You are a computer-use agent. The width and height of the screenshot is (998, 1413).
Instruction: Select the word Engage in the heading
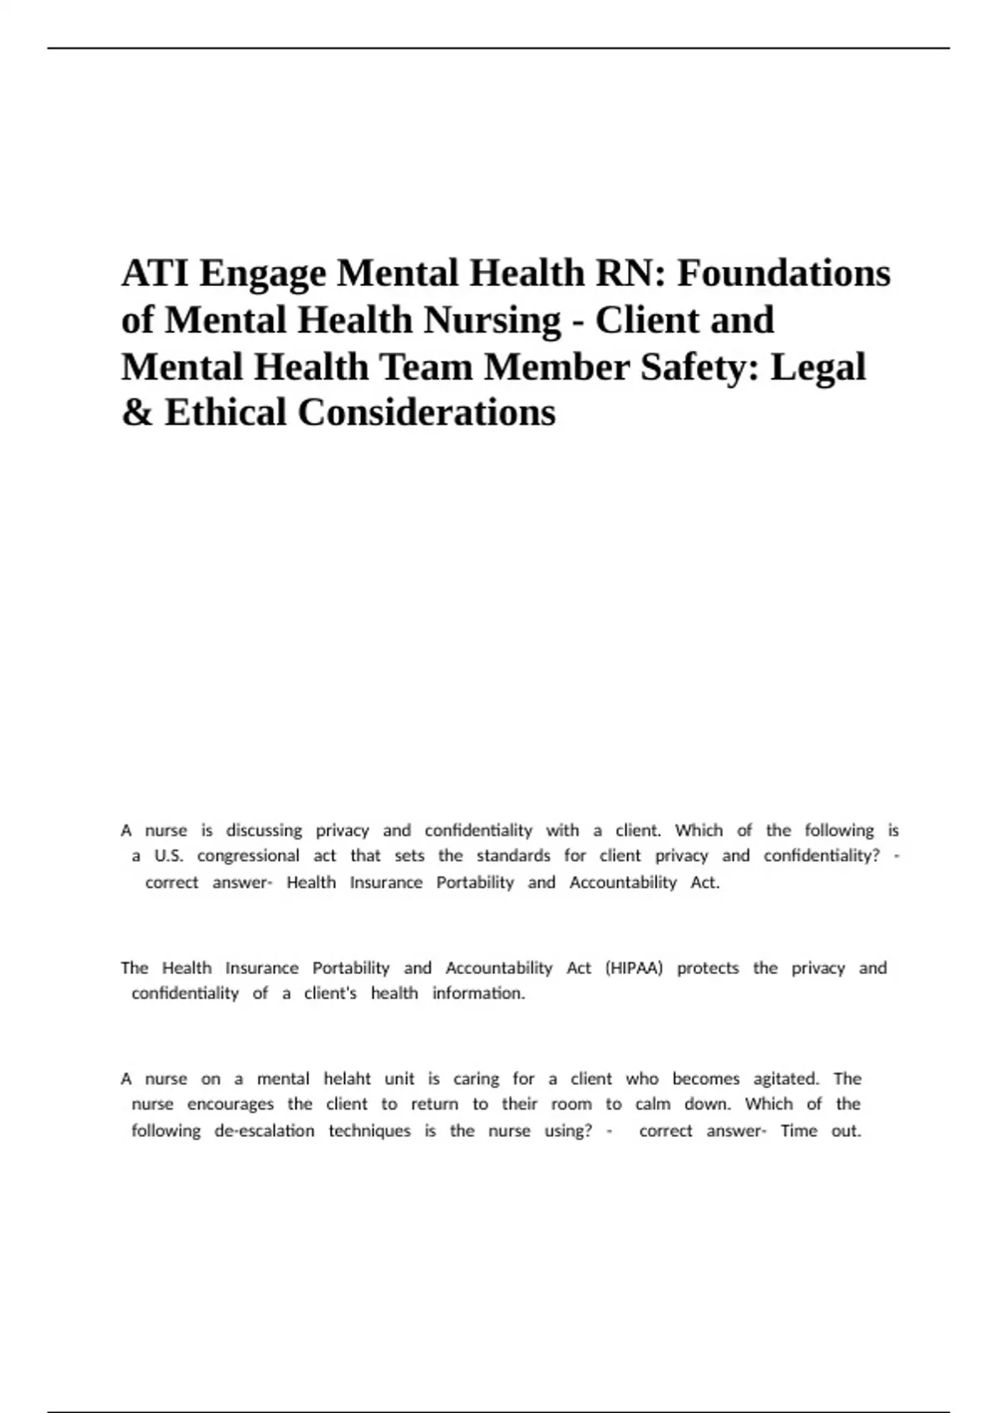[x=262, y=274]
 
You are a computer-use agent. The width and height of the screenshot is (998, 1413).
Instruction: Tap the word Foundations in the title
[x=783, y=273]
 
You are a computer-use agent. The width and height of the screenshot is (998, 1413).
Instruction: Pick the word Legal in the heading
[x=818, y=367]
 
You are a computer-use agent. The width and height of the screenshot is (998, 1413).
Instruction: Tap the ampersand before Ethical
[x=137, y=412]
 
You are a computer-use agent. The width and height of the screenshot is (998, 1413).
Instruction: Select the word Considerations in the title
[x=427, y=412]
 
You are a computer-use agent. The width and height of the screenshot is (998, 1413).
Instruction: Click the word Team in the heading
[x=427, y=367]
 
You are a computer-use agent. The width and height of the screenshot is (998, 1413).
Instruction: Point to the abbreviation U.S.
[x=169, y=855]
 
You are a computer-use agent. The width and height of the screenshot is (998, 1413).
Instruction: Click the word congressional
[x=248, y=856]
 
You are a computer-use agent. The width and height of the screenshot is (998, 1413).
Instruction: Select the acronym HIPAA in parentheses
[x=634, y=968]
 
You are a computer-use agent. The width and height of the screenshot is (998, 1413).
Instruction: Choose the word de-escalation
[x=264, y=1130]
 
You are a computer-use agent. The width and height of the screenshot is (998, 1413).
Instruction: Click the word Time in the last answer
[x=798, y=1130]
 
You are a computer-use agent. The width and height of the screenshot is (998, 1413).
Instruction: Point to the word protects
[x=708, y=968]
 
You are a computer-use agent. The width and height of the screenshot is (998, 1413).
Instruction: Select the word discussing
[x=264, y=830]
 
